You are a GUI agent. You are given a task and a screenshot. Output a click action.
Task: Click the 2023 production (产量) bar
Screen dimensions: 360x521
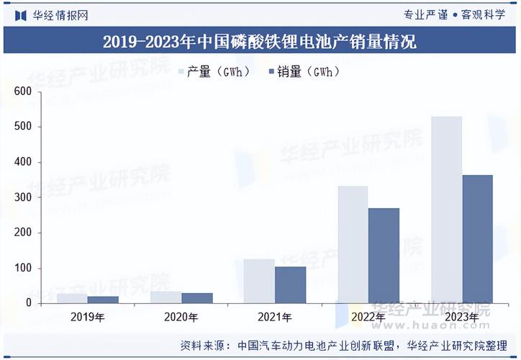tap(446, 209)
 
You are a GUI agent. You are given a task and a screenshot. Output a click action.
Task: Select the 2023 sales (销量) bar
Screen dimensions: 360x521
tap(477, 238)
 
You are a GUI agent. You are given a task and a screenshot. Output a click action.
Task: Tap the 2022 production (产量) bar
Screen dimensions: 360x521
tap(353, 244)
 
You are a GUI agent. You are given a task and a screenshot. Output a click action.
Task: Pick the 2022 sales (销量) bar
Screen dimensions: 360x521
tap(384, 256)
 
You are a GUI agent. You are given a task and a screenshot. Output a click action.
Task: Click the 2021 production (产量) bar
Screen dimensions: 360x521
tap(259, 281)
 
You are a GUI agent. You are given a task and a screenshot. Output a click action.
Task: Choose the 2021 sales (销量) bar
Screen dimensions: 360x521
tap(290, 284)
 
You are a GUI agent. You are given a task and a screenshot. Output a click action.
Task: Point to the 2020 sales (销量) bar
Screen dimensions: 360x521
tap(197, 297)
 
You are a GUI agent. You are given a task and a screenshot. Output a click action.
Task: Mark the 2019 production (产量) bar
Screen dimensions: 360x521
tap(72, 298)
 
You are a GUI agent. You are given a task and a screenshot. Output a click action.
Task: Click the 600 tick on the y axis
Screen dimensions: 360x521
tap(23, 91)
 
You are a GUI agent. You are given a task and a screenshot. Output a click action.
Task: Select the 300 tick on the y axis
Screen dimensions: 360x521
tap(23, 197)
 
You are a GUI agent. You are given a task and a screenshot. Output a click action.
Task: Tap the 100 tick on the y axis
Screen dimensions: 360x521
tap(23, 268)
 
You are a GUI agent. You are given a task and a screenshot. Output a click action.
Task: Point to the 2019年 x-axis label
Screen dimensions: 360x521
tap(88, 318)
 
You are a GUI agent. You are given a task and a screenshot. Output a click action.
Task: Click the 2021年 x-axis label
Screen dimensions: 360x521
tap(275, 318)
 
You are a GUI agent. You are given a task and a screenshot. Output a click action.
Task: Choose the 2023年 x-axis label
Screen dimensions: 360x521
tap(462, 318)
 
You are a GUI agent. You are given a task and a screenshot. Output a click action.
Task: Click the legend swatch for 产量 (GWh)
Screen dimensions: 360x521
tap(182, 71)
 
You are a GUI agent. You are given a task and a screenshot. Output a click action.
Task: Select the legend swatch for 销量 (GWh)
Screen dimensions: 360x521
tap(271, 71)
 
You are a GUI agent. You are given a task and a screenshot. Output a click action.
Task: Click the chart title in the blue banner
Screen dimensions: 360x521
tap(260, 42)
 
